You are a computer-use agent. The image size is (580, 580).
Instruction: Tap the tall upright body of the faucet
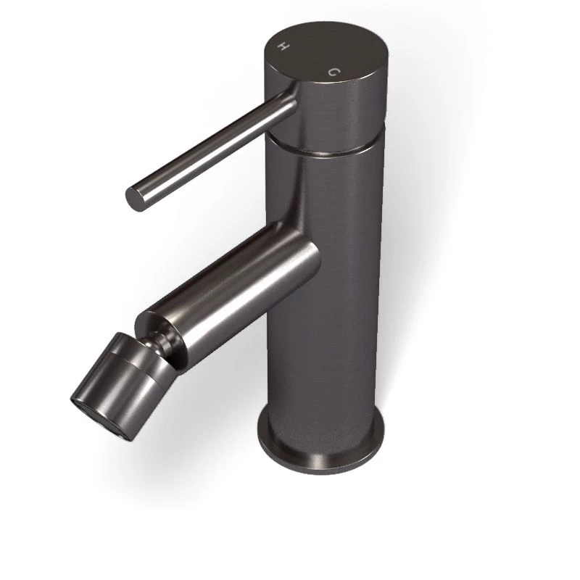coord(326,290)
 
